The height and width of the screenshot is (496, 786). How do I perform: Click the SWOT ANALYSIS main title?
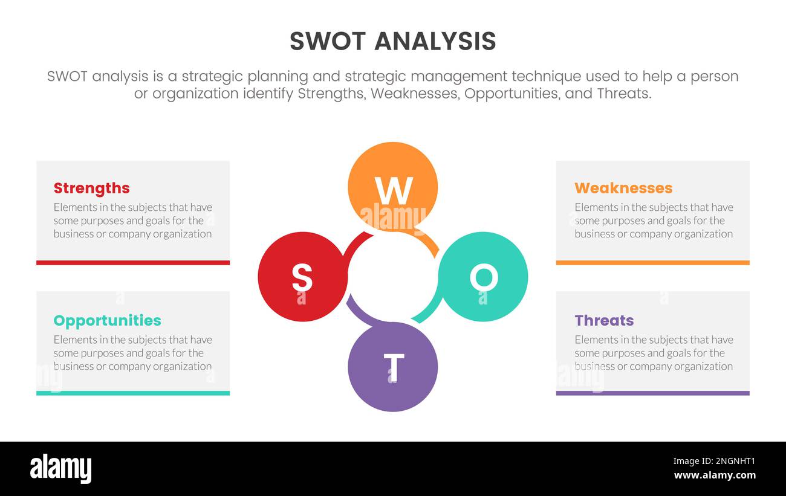click(x=393, y=42)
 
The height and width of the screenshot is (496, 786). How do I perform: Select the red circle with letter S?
click(x=302, y=277)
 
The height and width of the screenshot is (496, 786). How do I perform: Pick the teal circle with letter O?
click(x=483, y=277)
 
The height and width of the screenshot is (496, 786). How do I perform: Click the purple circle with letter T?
click(x=393, y=367)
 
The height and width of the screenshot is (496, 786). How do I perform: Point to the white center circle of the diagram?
click(x=393, y=277)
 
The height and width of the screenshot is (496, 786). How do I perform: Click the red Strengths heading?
click(x=91, y=188)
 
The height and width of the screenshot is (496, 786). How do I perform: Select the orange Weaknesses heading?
click(x=623, y=188)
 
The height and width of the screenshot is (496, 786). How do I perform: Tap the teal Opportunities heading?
click(x=107, y=320)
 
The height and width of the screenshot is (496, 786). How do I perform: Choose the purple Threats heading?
click(x=603, y=320)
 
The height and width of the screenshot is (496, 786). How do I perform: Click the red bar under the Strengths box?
click(x=133, y=263)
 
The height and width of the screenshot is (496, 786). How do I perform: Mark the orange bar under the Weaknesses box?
click(x=652, y=263)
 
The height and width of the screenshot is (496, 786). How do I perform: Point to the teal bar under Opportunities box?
click(x=133, y=393)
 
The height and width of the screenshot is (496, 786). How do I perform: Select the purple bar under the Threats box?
click(x=652, y=393)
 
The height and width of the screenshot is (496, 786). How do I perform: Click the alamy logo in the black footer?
click(x=61, y=469)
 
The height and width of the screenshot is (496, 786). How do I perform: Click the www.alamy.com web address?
click(x=714, y=475)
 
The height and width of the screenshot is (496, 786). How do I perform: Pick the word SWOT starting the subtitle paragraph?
click(x=67, y=77)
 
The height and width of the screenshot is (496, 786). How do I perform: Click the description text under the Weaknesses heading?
click(x=653, y=221)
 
